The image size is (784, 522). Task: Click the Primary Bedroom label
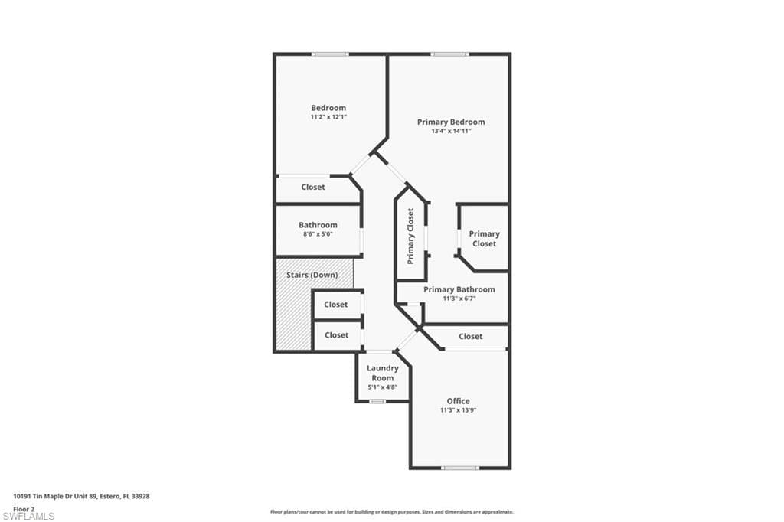coord(451,122)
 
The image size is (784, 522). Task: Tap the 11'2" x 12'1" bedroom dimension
coord(328,117)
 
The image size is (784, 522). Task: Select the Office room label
coord(458,401)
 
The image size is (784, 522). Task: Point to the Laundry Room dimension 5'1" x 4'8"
coord(383,387)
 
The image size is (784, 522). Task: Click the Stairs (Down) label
coord(312,275)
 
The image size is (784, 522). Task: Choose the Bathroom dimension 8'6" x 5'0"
coord(318,234)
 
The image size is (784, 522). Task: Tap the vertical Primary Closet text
coord(410,236)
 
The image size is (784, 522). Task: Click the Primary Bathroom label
coord(459,289)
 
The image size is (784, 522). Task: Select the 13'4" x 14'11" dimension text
coord(451,132)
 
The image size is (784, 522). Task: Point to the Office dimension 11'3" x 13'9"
coord(458,410)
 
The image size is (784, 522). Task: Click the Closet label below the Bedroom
coord(313,187)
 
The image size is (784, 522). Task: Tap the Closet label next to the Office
coord(471,337)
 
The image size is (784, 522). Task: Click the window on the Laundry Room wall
coord(377,401)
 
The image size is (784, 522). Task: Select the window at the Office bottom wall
coord(460,468)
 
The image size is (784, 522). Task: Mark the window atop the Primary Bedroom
coord(450,54)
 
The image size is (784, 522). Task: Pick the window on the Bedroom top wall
coord(330,54)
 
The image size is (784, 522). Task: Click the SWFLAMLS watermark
coord(28,516)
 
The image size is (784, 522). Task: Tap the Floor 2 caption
coord(24,509)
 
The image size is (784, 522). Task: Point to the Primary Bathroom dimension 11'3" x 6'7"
coord(459,299)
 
